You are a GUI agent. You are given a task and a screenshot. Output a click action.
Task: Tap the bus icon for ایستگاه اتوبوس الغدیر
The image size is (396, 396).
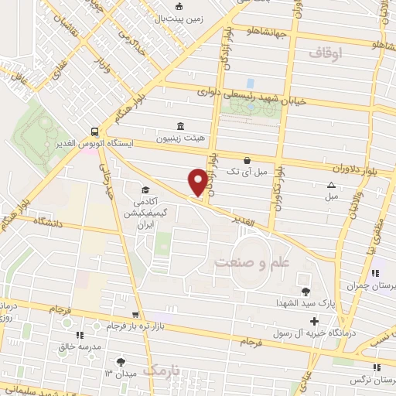click(94, 131)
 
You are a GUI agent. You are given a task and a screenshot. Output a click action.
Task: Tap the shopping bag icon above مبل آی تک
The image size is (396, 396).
click(246, 161)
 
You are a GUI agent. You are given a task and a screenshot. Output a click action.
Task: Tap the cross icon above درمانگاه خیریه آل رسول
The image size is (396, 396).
click(313, 321)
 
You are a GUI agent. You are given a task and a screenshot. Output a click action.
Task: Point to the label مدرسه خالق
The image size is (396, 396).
click(81, 348)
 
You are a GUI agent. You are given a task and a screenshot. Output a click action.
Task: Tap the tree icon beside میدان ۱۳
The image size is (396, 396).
click(120, 362)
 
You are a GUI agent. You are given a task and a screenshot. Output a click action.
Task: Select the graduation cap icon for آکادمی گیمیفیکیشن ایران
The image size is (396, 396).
click(145, 189)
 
